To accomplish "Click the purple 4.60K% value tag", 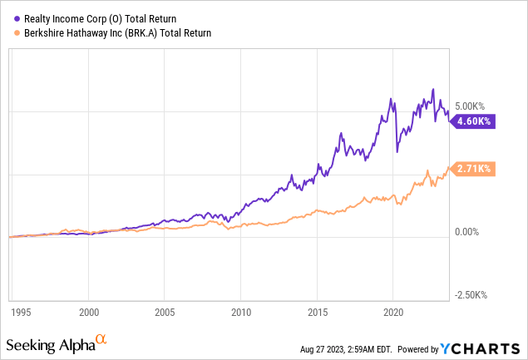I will tap(472, 121).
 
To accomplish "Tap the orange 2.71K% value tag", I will tap(472, 169).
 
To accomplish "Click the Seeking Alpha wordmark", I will tap(49, 343).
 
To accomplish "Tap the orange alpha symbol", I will tap(102, 339).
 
